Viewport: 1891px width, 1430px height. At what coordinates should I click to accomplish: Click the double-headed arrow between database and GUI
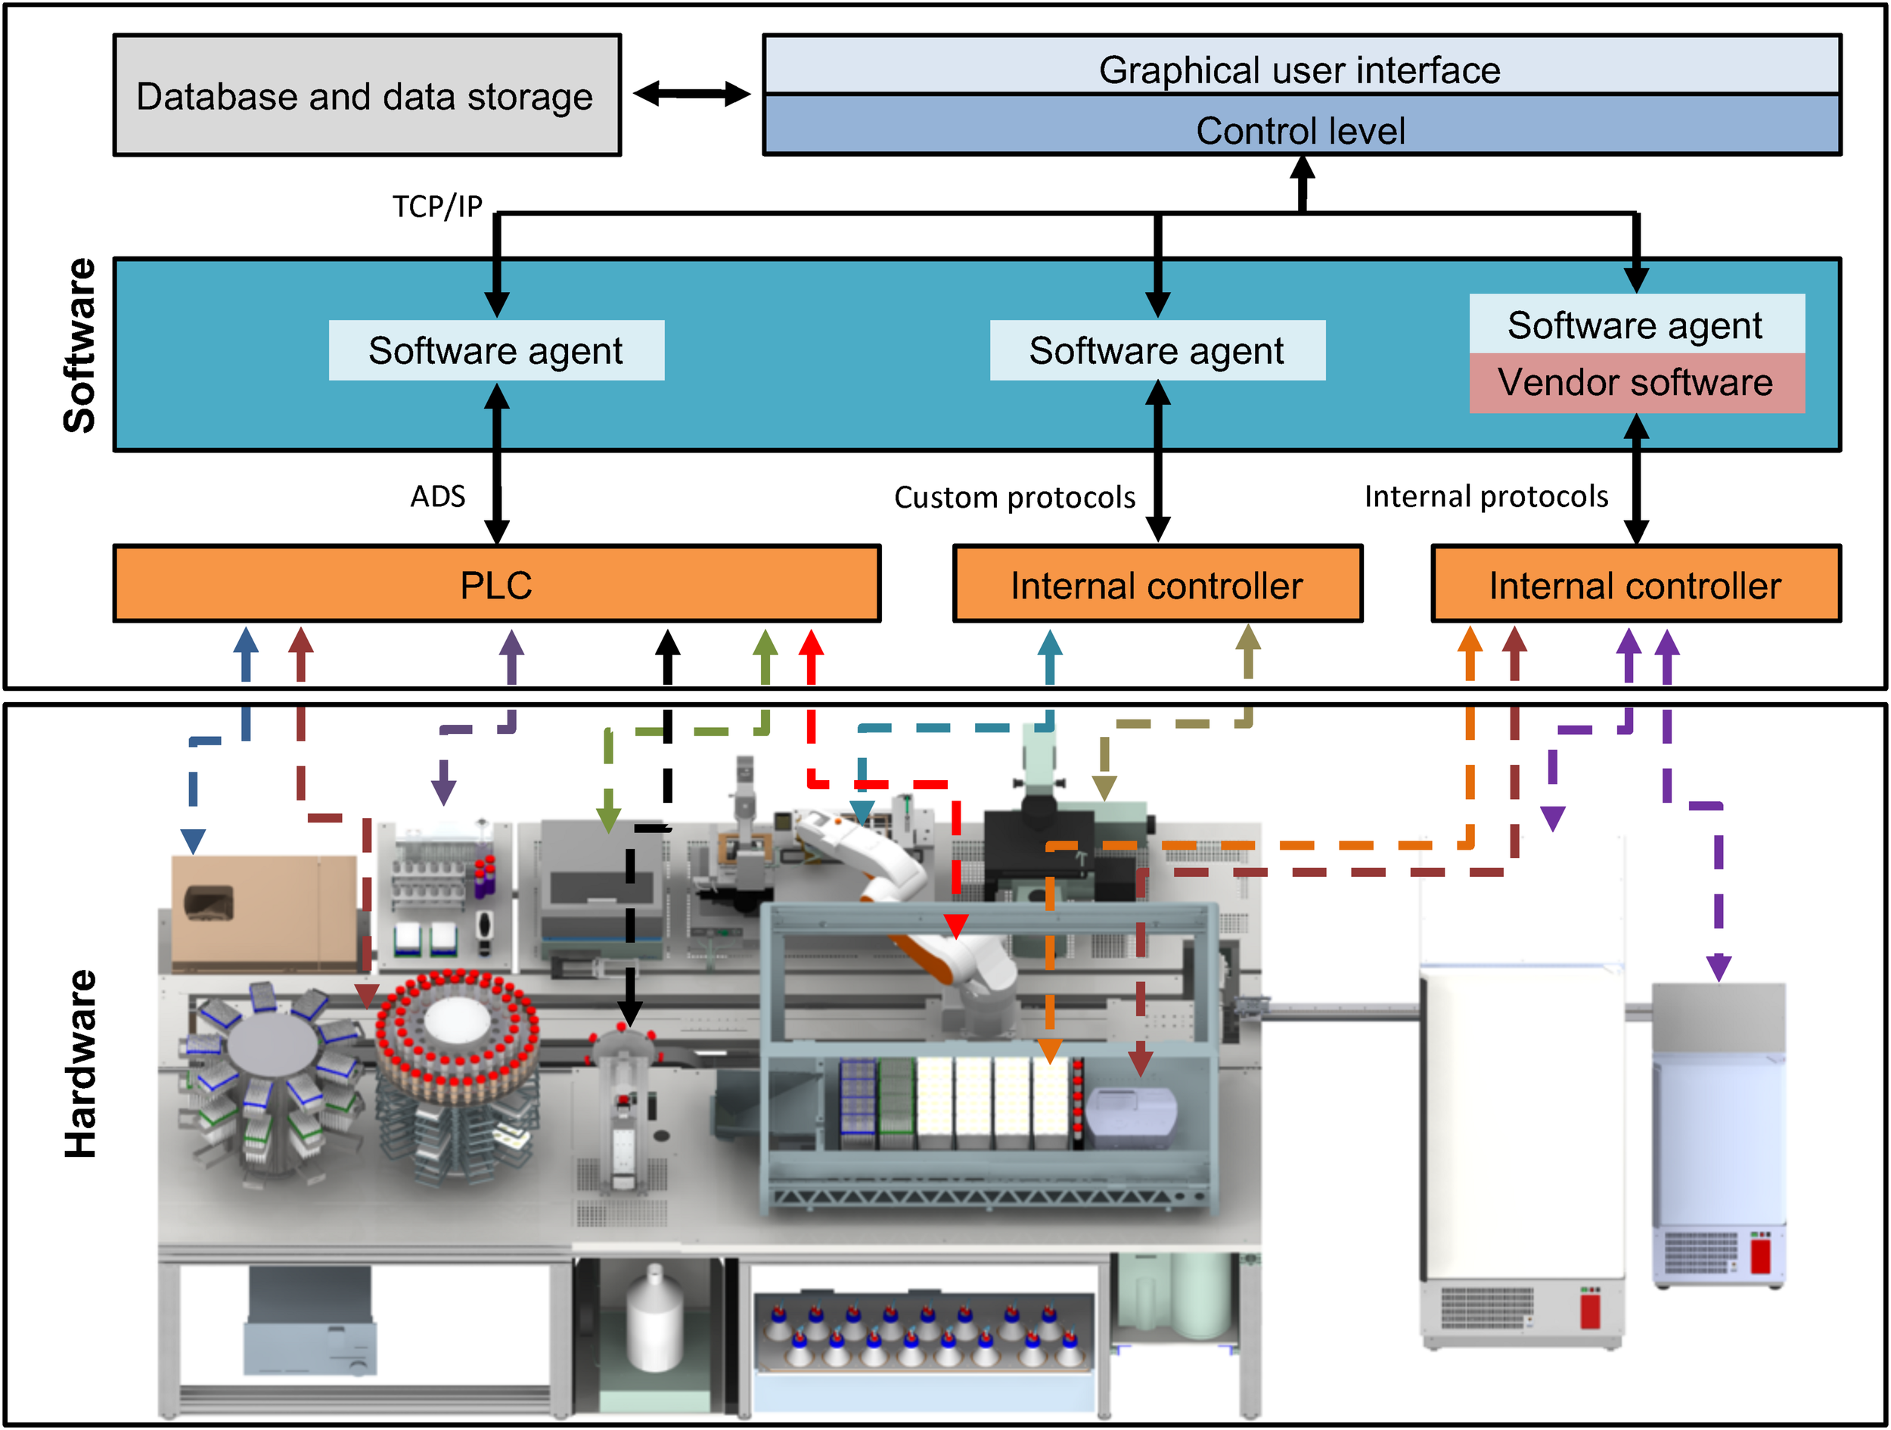pos(691,94)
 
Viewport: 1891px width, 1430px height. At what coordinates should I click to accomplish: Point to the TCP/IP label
pos(437,206)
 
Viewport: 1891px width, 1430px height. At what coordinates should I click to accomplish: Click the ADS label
pos(438,496)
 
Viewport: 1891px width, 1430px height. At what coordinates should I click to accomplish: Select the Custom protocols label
pos(1015,497)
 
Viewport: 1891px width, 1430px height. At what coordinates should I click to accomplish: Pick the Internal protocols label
pos(1486,496)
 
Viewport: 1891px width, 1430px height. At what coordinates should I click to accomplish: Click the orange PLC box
pos(497,584)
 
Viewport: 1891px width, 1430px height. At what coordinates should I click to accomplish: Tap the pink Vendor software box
pos(1636,383)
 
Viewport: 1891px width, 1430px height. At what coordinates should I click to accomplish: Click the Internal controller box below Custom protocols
pos(1157,584)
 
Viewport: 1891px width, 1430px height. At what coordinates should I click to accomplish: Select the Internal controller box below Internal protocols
pos(1635,584)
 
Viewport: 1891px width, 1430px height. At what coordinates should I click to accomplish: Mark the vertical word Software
pos(79,346)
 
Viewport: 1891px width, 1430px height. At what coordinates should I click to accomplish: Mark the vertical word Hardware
pos(79,1064)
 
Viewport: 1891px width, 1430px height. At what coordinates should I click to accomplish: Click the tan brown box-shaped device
pos(263,911)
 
